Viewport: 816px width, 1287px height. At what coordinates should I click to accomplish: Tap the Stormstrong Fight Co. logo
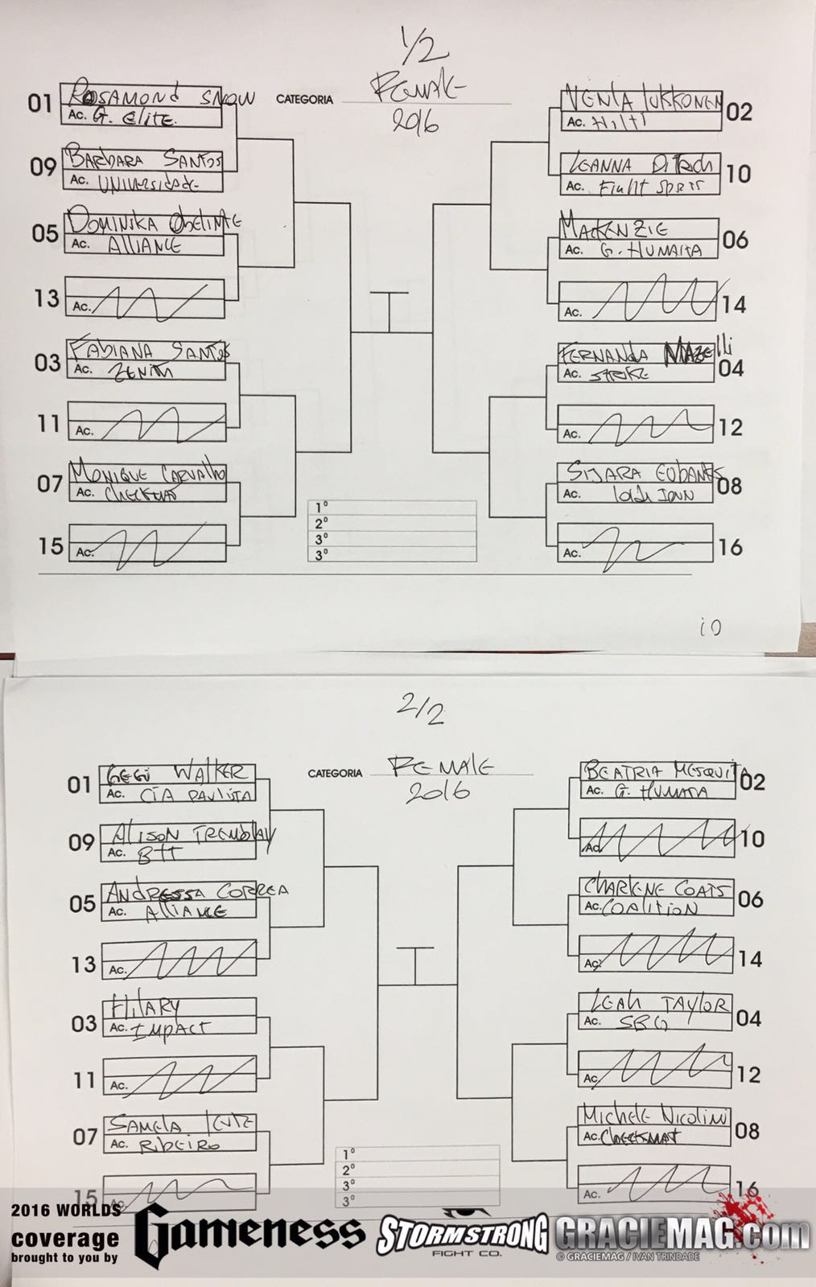(x=462, y=1235)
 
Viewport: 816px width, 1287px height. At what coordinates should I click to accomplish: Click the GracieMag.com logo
(x=680, y=1233)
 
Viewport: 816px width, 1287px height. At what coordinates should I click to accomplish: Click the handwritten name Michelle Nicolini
(x=656, y=1116)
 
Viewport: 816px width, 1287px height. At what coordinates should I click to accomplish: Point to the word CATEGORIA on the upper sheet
(x=304, y=100)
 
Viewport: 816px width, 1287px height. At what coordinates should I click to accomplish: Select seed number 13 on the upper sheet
(x=46, y=298)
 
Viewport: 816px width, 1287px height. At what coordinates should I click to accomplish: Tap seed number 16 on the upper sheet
(x=730, y=548)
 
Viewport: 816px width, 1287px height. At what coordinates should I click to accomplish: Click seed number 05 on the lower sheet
(x=82, y=904)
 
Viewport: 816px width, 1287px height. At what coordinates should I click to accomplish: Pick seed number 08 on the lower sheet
(x=748, y=1132)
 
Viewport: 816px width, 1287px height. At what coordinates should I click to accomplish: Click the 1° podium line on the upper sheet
(x=392, y=508)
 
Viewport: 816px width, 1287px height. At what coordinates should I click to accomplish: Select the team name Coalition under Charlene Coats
(x=651, y=908)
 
